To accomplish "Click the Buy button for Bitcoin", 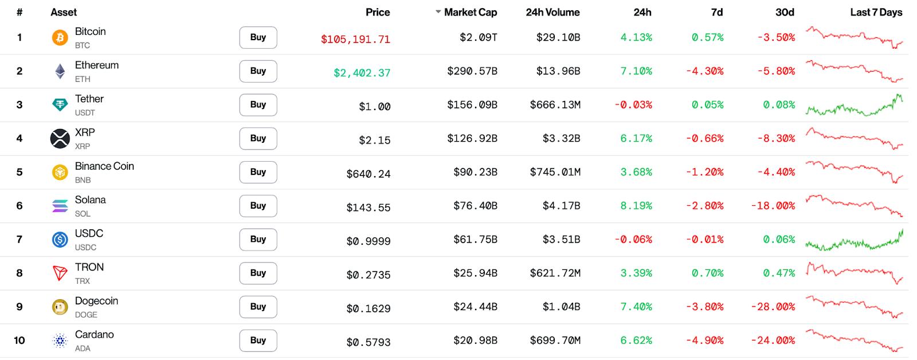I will (258, 37).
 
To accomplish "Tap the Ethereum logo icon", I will (60, 71).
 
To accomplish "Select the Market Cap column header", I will (470, 12).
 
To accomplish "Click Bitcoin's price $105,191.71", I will (355, 40).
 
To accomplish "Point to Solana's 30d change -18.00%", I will (773, 206).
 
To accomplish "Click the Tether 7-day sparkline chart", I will (854, 105).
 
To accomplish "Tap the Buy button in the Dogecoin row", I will (258, 307).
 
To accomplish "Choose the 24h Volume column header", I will (552, 12).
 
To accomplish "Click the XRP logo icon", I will (60, 138).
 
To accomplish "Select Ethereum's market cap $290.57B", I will (472, 71).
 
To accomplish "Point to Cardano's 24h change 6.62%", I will (636, 341).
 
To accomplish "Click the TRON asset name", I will (89, 267).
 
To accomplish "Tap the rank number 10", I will (19, 341).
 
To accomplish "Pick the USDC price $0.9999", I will (369, 241).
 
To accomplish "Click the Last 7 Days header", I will (876, 12).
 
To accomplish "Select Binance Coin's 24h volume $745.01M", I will (555, 172).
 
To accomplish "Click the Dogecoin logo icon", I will (60, 307).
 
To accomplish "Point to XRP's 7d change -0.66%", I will (704, 139).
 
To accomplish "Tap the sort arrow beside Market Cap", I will (438, 12).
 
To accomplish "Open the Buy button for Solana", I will (258, 206).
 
